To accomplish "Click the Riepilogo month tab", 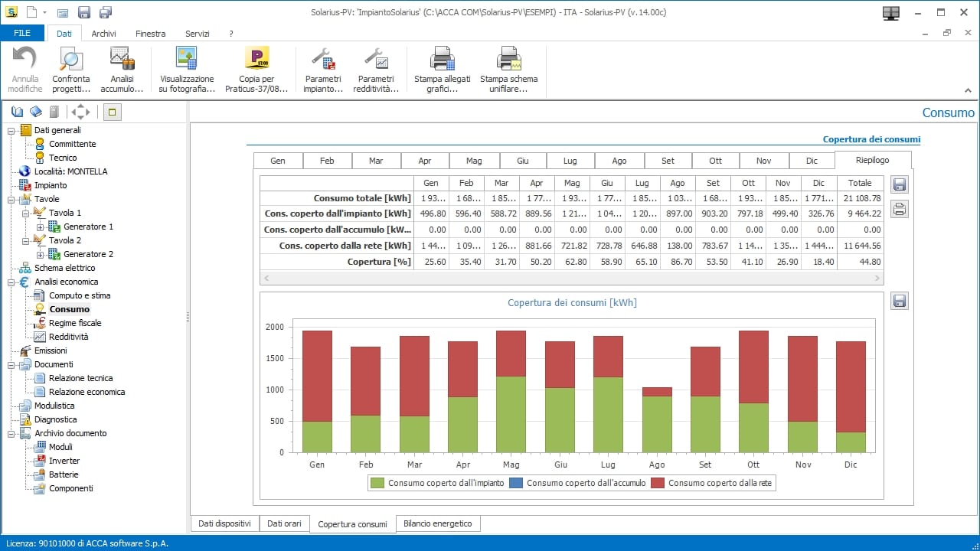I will [x=872, y=161].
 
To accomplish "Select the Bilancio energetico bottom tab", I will [x=439, y=523].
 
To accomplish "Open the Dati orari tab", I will [x=284, y=523].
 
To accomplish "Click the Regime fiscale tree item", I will [x=75, y=323].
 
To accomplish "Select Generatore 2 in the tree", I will [x=88, y=254].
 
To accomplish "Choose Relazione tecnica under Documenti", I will [x=80, y=378].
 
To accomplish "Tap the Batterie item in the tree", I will [x=64, y=474].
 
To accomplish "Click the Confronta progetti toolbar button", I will [x=71, y=69].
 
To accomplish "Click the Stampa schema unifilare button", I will [x=508, y=69].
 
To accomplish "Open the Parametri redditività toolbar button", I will [x=376, y=69].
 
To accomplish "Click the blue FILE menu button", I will [x=22, y=34].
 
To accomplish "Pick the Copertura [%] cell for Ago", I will [x=677, y=262].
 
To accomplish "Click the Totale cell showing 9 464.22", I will [x=859, y=214].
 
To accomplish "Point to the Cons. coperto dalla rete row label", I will [x=337, y=246].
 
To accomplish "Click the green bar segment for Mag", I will [x=511, y=414].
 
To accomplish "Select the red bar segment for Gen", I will [x=317, y=376].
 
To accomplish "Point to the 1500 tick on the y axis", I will [x=275, y=358].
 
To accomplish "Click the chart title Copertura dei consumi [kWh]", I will [x=572, y=303].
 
